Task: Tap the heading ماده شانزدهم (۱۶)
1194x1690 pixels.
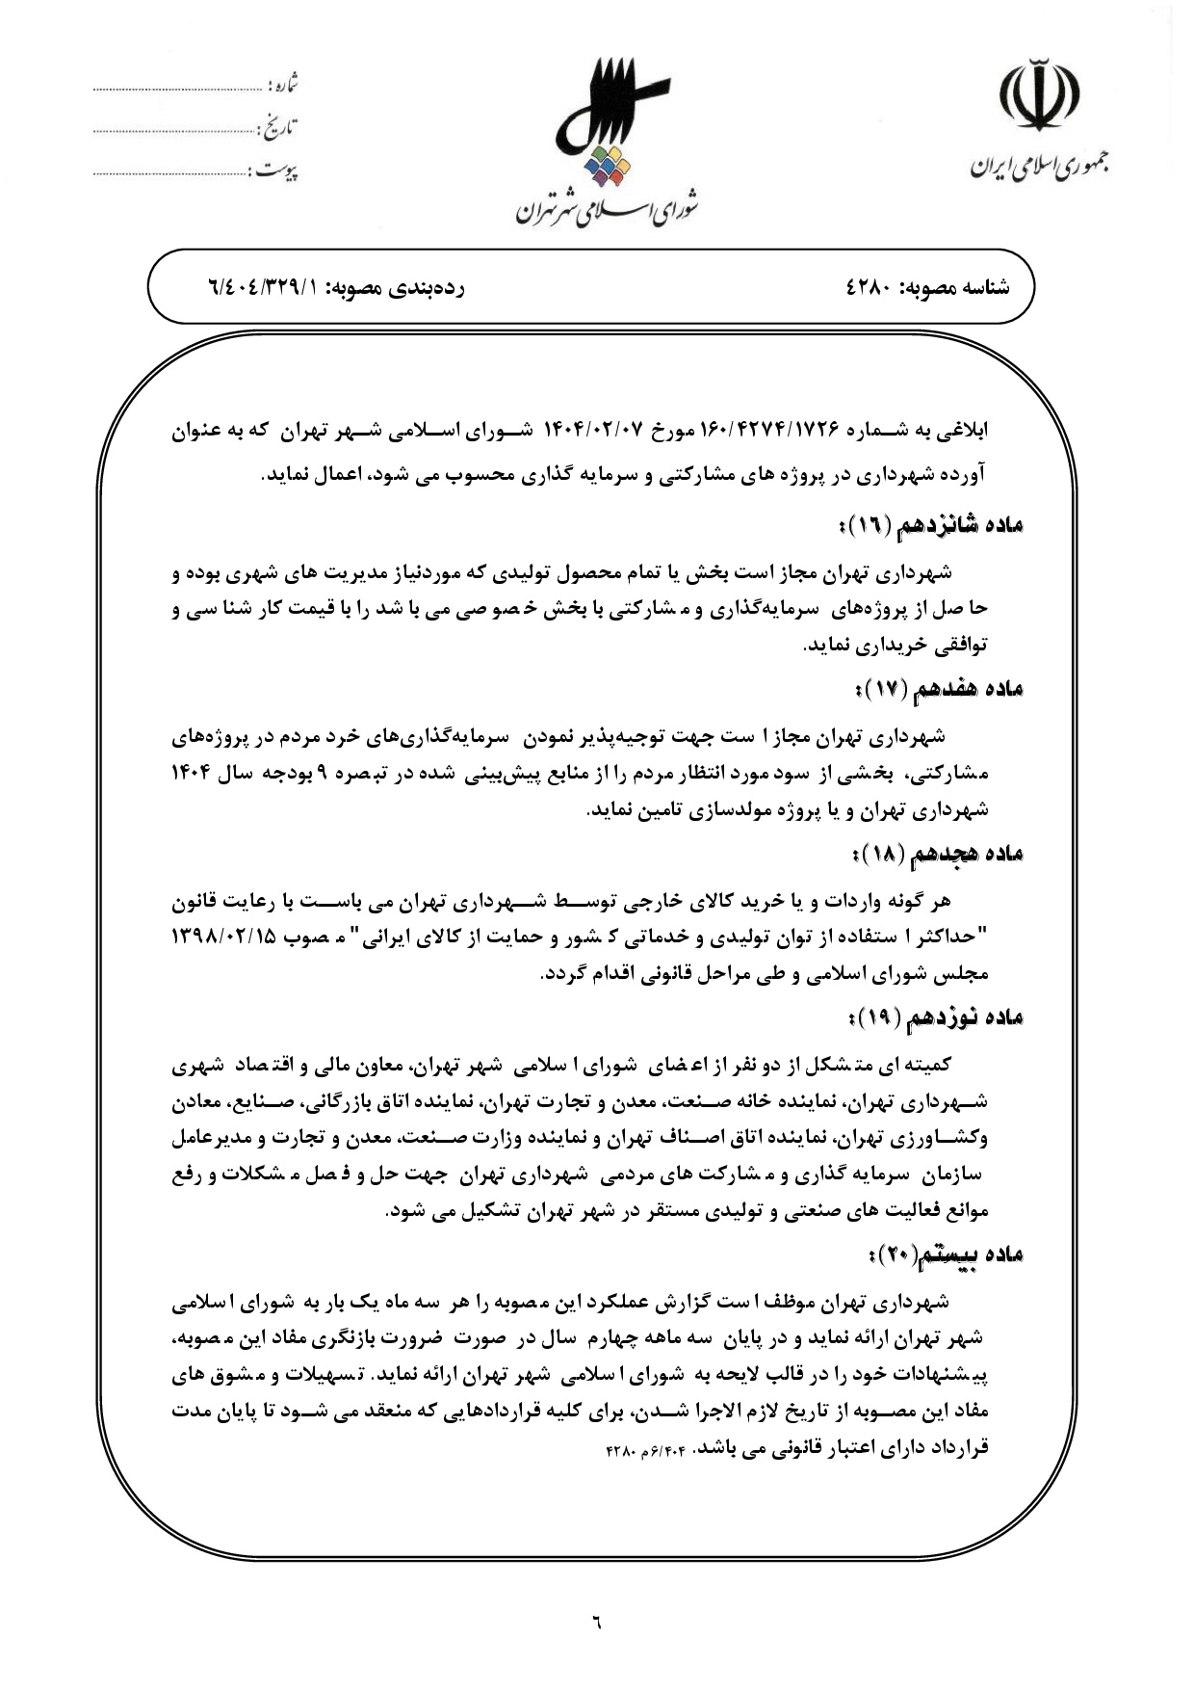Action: tap(928, 525)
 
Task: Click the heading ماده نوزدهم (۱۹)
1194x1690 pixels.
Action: tap(932, 1017)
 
